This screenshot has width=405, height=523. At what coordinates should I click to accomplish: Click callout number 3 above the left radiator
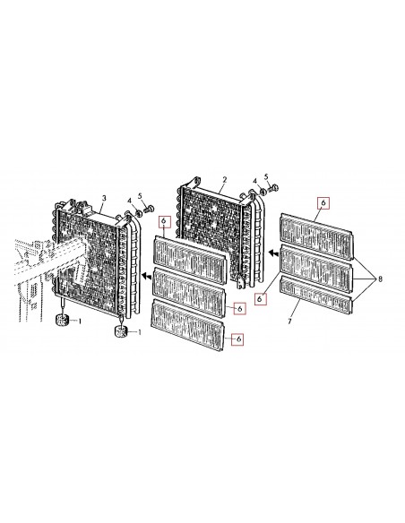[104, 198]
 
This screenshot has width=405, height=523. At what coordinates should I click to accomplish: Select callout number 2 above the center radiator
[225, 180]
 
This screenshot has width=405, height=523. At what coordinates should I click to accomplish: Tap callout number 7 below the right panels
[289, 322]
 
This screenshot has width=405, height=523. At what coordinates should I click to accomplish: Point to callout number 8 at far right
[380, 279]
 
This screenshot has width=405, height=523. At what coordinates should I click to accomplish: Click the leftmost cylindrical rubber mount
[62, 320]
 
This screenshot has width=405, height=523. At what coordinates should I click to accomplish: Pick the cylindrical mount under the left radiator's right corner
[121, 332]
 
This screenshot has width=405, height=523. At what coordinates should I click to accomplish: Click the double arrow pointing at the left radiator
[146, 276]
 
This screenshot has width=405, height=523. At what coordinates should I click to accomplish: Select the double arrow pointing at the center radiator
[274, 253]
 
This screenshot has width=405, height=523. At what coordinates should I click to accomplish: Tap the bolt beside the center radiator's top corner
[273, 188]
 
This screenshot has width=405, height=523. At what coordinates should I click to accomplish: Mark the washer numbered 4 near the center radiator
[263, 192]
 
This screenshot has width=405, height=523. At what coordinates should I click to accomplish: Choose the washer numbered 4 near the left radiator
[138, 213]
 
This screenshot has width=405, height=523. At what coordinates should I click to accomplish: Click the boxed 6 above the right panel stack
[323, 202]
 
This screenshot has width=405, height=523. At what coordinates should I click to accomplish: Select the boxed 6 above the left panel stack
[164, 221]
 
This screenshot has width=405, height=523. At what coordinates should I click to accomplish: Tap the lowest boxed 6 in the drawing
[238, 339]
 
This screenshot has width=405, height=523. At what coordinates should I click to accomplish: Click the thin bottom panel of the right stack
[316, 295]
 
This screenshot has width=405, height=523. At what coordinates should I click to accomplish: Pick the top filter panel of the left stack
[189, 260]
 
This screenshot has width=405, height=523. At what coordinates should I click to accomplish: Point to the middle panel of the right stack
[316, 269]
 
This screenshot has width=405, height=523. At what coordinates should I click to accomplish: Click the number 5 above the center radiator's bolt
[266, 176]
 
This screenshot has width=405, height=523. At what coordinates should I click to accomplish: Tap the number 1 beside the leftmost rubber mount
[80, 322]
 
